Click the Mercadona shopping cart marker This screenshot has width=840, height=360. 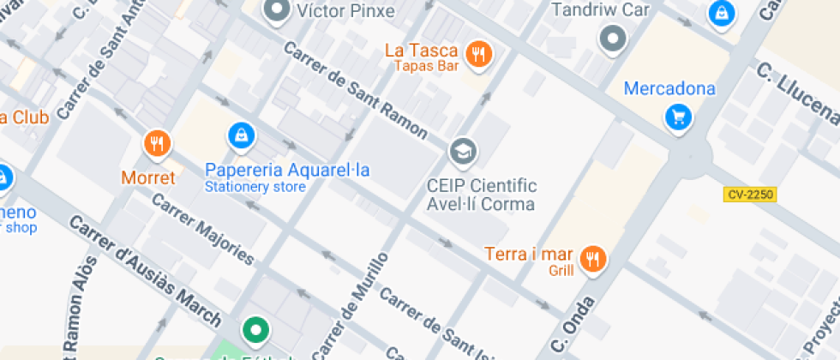click(x=679, y=116)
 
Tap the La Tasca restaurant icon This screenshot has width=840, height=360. click(x=478, y=55)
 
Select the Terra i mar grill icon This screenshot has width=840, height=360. click(x=592, y=257)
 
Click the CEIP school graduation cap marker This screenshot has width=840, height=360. click(x=464, y=152)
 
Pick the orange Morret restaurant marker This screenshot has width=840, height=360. click(x=156, y=143)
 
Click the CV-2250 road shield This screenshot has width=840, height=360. click(x=749, y=195)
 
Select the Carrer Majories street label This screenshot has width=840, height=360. click(x=202, y=229)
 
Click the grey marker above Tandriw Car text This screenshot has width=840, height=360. click(x=613, y=38)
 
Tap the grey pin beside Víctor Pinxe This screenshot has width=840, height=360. click(x=276, y=11)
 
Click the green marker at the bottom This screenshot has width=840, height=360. click(x=255, y=329)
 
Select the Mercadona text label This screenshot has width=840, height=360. click(x=669, y=88)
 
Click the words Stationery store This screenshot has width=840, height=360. click(x=255, y=187)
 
